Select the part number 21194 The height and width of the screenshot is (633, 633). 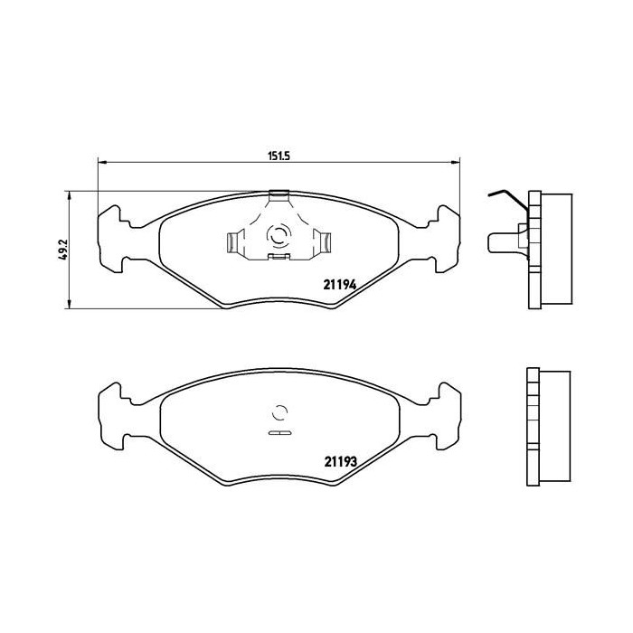pyautogui.click(x=342, y=283)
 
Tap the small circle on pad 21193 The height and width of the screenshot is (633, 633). pyautogui.click(x=280, y=414)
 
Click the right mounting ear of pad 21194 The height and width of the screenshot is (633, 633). pyautogui.click(x=448, y=238)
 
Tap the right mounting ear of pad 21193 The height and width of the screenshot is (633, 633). pyautogui.click(x=448, y=414)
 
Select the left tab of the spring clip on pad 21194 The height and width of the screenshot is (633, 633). pyautogui.click(x=231, y=241)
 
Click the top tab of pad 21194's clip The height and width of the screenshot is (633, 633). pyautogui.click(x=279, y=194)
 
